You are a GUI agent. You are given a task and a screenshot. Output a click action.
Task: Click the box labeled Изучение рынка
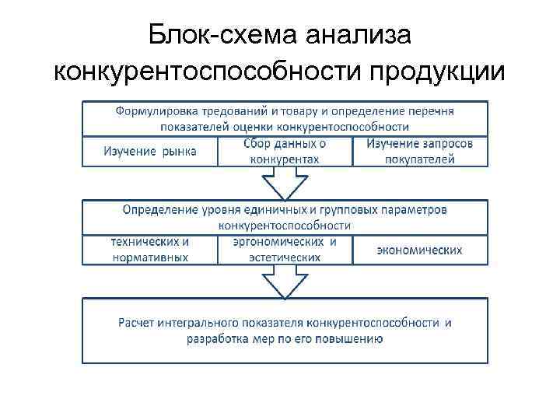[x=150, y=151]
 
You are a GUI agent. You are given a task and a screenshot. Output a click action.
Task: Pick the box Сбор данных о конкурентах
[x=285, y=151]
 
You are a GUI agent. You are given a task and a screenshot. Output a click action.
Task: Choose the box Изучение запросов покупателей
[x=420, y=151]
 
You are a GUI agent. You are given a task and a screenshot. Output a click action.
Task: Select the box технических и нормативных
[x=150, y=249]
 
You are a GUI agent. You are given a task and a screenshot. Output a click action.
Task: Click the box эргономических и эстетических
[x=285, y=249]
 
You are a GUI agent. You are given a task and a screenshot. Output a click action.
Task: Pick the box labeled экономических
[x=420, y=250]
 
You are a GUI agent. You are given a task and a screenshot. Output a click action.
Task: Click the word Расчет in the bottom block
[x=135, y=322]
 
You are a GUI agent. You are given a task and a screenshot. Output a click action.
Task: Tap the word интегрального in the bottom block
[x=193, y=322]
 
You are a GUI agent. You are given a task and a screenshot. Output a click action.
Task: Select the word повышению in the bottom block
[x=353, y=339]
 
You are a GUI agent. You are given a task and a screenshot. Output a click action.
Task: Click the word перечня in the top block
[x=434, y=110]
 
